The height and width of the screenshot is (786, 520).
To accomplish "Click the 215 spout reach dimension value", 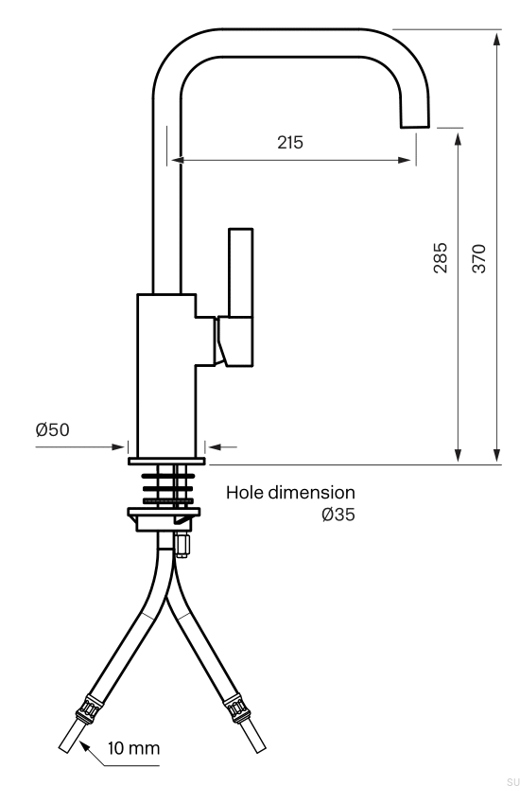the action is [290, 143].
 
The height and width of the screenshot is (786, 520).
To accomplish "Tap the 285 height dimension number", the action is [440, 257].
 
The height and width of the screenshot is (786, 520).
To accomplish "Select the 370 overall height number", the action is [479, 258].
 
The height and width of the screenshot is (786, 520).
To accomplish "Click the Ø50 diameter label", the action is [53, 429].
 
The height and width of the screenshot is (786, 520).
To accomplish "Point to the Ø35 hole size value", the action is [338, 515].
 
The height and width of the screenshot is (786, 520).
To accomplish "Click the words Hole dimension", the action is [290, 492].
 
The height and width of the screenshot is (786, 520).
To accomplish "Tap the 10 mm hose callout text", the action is [133, 748].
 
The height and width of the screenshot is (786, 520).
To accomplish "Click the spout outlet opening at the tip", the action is [414, 125].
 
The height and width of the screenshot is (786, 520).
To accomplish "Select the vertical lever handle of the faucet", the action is [240, 297].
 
